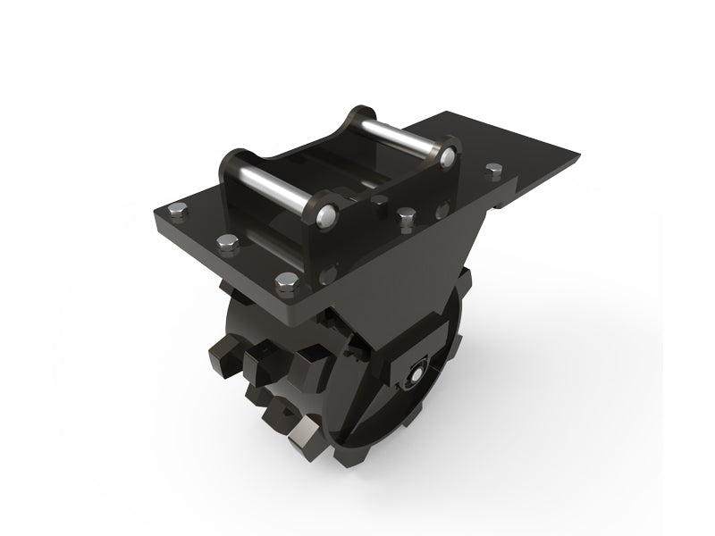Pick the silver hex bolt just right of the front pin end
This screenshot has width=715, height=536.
(x=408, y=215)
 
